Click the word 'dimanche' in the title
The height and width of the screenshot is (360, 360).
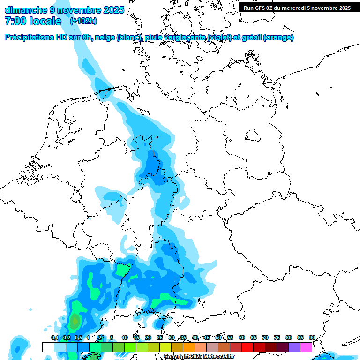(x=25, y=10)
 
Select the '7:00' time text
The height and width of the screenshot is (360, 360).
(x=15, y=21)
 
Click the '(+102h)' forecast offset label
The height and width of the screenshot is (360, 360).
(x=83, y=21)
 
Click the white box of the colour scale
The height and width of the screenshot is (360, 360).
(x=48, y=347)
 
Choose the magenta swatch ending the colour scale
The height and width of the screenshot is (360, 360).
(x=306, y=347)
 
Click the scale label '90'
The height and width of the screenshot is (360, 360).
(x=312, y=337)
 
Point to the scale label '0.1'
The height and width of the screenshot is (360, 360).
(x=54, y=337)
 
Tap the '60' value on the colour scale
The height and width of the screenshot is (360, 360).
(x=242, y=337)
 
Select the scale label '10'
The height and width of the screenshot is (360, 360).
(x=125, y=337)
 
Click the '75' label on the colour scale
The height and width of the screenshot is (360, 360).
(x=277, y=337)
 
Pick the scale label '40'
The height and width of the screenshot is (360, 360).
(x=195, y=337)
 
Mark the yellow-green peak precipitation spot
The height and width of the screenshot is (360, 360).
(x=75, y=322)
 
